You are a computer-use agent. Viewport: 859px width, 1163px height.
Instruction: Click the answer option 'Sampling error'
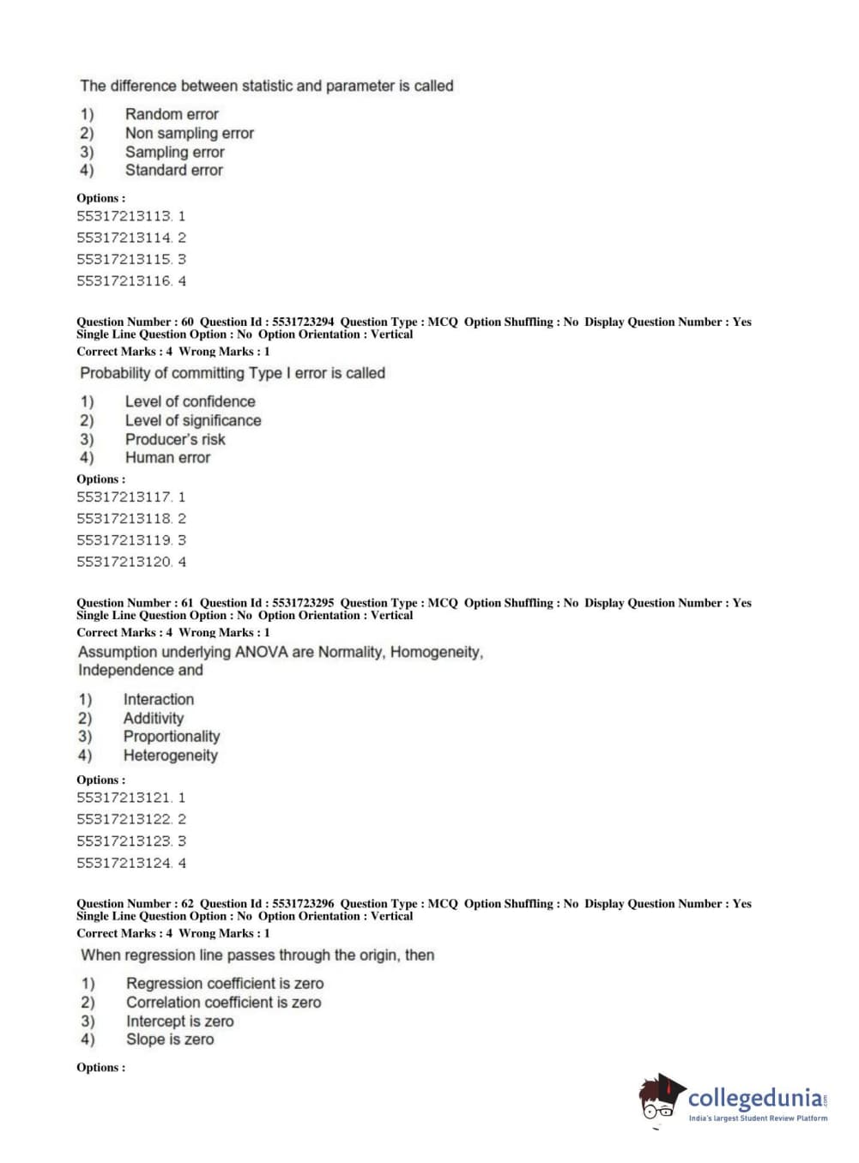(x=174, y=152)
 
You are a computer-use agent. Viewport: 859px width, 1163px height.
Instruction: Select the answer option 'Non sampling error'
(x=189, y=133)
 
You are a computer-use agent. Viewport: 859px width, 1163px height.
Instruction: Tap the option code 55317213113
(x=124, y=216)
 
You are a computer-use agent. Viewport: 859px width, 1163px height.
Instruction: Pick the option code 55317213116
(x=124, y=280)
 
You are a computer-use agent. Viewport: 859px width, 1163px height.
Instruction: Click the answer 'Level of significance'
(x=193, y=420)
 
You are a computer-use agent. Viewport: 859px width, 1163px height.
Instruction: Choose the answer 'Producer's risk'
(x=175, y=439)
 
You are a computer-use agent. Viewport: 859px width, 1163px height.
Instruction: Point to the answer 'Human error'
(x=167, y=457)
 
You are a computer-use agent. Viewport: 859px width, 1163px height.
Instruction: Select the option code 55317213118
(x=124, y=518)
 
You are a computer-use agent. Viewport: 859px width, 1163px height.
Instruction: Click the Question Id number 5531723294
(x=303, y=322)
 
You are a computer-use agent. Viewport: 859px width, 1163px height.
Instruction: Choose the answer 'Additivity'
(x=153, y=718)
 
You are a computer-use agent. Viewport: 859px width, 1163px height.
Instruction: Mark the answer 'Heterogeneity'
(x=170, y=756)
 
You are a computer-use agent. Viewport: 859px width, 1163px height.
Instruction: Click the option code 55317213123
(x=124, y=841)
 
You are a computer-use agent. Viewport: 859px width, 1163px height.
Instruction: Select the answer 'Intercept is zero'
(x=179, y=1021)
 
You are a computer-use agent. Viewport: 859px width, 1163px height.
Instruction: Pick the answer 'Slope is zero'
(x=170, y=1039)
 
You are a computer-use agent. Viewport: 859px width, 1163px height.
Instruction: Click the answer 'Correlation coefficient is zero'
(x=223, y=1002)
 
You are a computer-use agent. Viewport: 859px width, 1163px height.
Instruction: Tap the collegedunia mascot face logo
(x=660, y=1098)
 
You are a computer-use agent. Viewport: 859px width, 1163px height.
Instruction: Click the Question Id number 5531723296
(x=303, y=903)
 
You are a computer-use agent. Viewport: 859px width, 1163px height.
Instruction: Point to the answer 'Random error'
(x=172, y=114)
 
